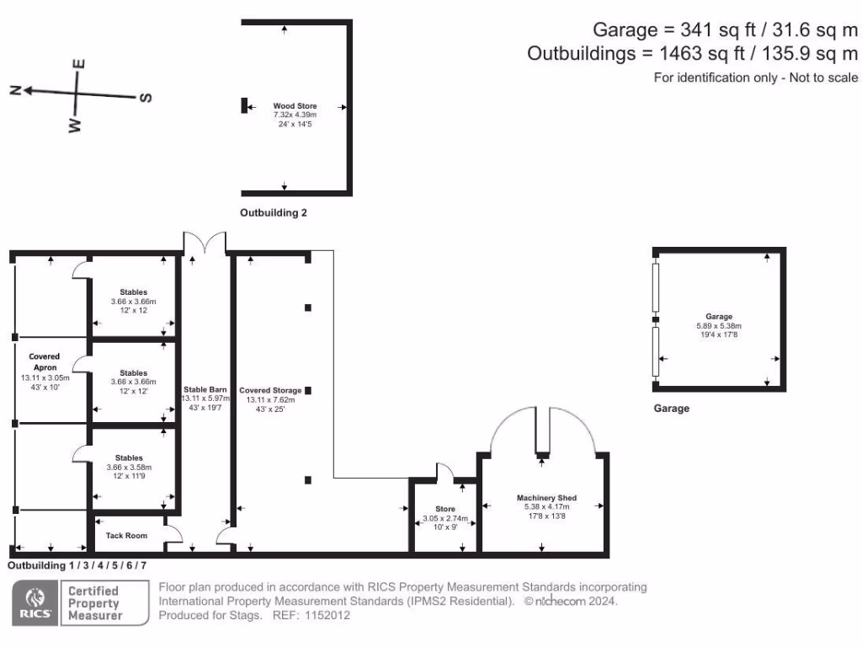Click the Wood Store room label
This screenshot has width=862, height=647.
pos(288,106)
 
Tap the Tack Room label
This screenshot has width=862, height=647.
pos(126,536)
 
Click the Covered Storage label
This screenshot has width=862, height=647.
pos(270,391)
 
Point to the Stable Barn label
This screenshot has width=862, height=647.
pos(205,389)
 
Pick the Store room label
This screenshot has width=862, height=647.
pos(445,509)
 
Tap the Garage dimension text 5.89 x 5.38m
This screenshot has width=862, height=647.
pos(719,326)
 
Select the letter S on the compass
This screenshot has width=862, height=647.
pos(146,98)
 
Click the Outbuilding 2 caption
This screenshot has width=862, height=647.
pos(274,213)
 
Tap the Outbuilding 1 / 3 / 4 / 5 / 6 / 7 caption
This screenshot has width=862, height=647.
pos(77,565)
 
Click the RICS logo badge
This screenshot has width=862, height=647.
pos(35,603)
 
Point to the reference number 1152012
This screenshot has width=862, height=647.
pos(327,616)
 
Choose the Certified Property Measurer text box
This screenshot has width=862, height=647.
pos(94,603)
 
